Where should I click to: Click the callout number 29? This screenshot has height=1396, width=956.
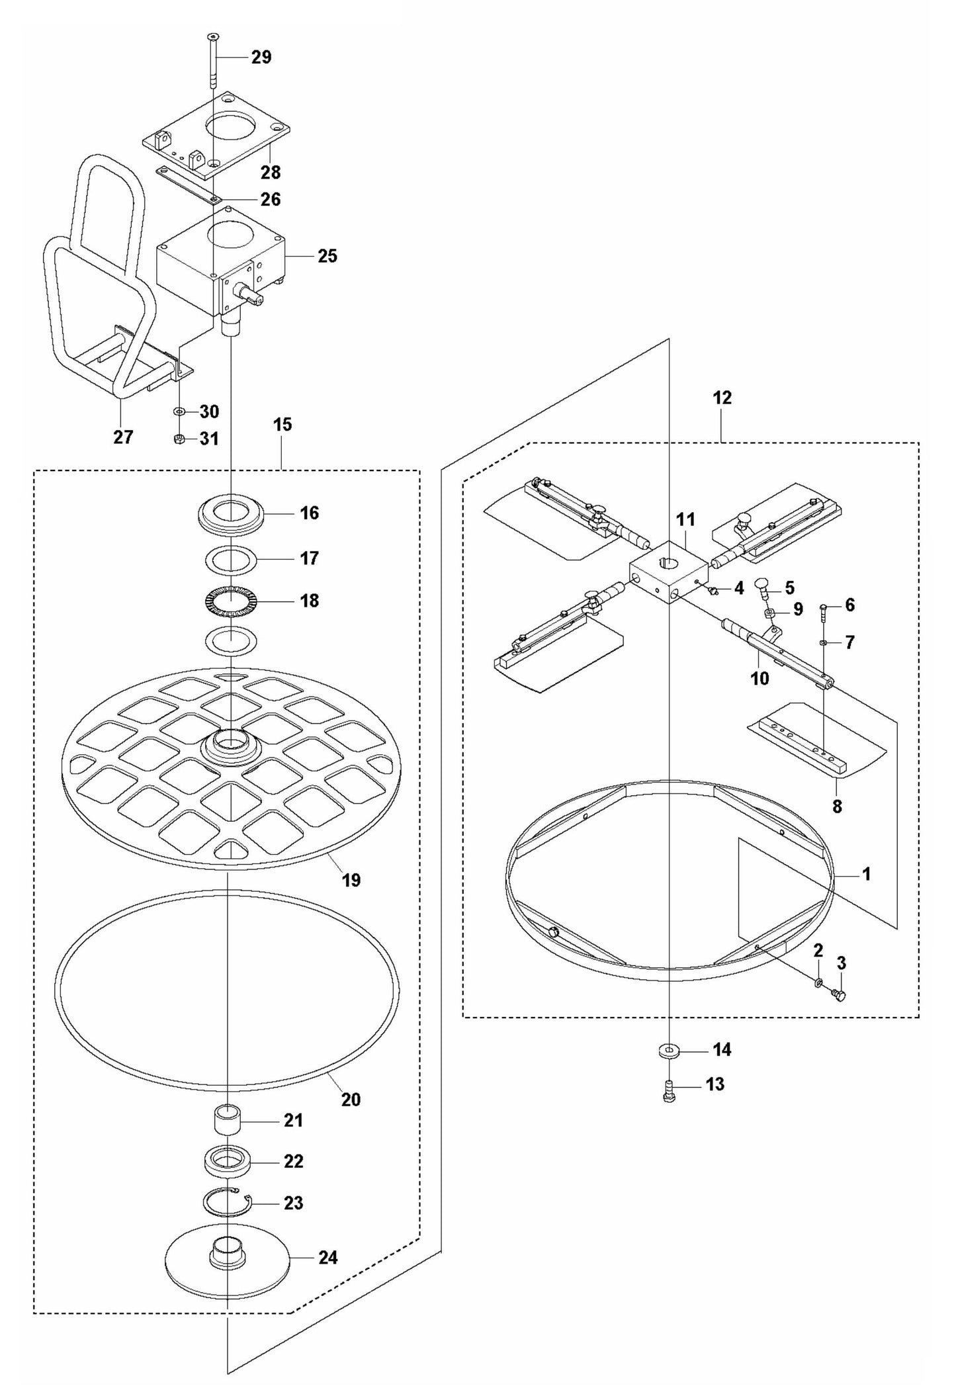(261, 57)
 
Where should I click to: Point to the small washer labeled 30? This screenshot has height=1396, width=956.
(179, 412)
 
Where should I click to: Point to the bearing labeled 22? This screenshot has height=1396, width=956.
(227, 1162)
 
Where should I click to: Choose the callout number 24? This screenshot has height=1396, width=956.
(327, 1257)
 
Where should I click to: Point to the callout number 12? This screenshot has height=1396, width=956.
(722, 398)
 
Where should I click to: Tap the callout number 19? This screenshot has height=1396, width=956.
(351, 880)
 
